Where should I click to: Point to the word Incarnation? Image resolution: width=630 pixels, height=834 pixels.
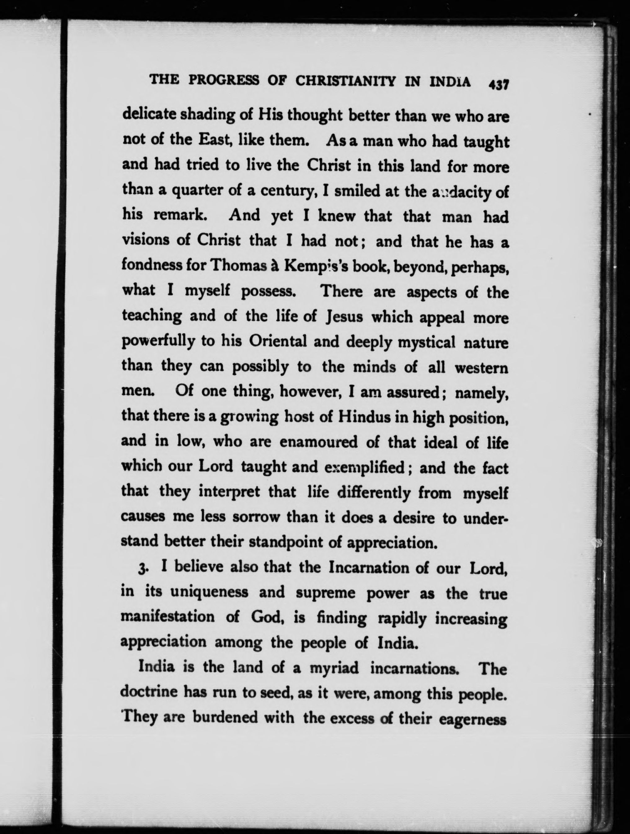[369, 568]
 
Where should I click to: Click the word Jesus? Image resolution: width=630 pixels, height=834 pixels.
[344, 317]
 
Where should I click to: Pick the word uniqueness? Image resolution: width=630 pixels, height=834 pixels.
[209, 593]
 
